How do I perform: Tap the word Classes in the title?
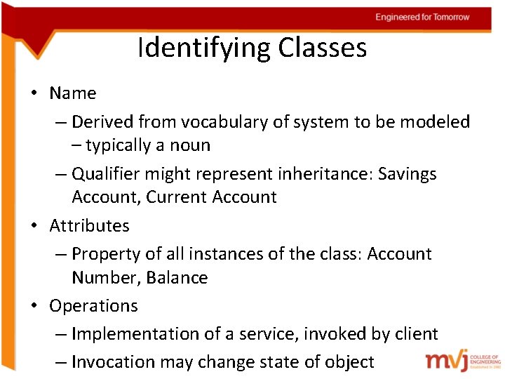[322, 48]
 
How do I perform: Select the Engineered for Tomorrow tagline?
[422, 17]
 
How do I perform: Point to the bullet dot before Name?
[34, 94]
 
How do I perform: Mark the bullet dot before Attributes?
[34, 227]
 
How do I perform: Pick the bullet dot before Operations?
[34, 307]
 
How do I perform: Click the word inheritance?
[325, 173]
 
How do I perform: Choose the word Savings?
[408, 173]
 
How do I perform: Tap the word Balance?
[177, 278]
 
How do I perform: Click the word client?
[416, 334]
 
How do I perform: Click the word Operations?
[93, 306]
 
